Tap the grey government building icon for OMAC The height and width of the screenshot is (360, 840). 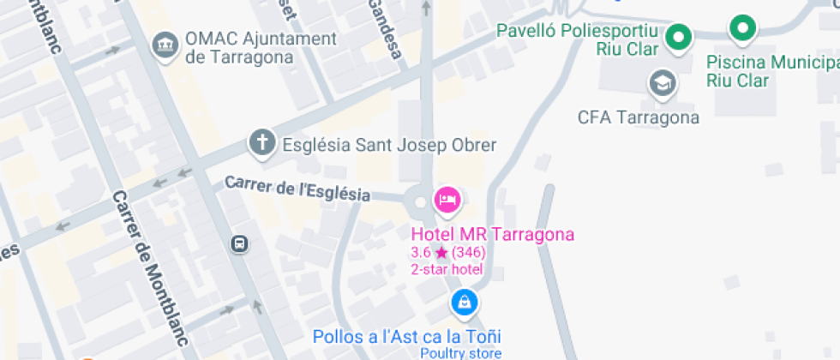pyautogui.click(x=164, y=45)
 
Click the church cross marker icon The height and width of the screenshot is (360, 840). pyautogui.click(x=261, y=144)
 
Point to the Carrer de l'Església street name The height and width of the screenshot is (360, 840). pyautogui.click(x=297, y=188)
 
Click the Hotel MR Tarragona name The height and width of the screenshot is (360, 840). pyautogui.click(x=493, y=235)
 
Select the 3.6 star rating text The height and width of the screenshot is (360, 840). pyautogui.click(x=448, y=253)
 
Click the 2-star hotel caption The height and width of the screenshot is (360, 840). pyautogui.click(x=447, y=269)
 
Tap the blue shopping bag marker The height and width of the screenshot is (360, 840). pyautogui.click(x=464, y=302)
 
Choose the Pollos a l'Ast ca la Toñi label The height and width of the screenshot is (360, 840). pyautogui.click(x=407, y=336)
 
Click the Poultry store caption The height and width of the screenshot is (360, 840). pyautogui.click(x=460, y=353)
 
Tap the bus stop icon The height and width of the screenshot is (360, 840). pyautogui.click(x=239, y=244)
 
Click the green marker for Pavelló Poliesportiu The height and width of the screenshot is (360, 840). pyautogui.click(x=680, y=37)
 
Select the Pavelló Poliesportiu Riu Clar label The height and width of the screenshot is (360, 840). pyautogui.click(x=583, y=39)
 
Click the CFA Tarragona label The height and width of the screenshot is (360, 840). pyautogui.click(x=638, y=117)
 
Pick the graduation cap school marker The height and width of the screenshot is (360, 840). pyautogui.click(x=663, y=83)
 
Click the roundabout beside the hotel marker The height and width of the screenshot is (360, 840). pyautogui.click(x=419, y=203)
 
